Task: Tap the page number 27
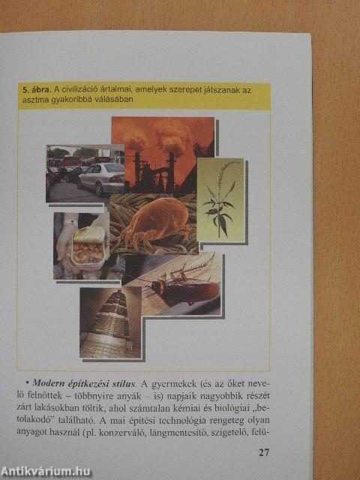pos(263,452)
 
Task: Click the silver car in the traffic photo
pos(102,177)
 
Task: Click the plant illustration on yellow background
pos(220,199)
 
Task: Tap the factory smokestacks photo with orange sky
pos(161,150)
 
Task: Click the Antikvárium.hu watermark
pos(46,471)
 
